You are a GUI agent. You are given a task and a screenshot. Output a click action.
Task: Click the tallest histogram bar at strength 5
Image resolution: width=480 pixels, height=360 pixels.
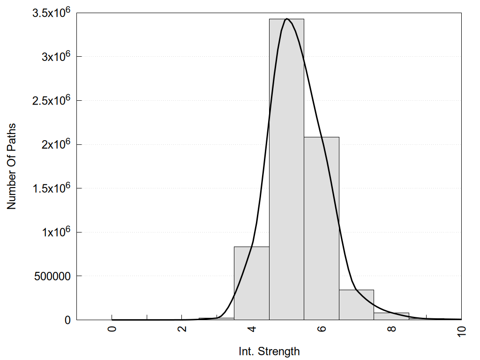tap(286, 169)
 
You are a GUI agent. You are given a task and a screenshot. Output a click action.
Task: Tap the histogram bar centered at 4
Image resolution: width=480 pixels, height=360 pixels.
tap(251, 283)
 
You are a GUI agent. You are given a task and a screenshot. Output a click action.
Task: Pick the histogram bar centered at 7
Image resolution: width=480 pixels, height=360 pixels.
tap(356, 305)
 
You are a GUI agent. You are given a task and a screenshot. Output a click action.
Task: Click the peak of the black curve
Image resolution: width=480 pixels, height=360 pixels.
tap(286, 19)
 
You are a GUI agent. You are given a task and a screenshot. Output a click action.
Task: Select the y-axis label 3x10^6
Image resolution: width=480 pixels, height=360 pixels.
tap(55, 56)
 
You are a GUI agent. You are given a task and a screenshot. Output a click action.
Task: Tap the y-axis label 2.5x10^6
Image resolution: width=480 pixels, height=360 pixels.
tap(51, 100)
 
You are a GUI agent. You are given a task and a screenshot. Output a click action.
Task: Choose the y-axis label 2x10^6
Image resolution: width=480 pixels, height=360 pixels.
tap(55, 144)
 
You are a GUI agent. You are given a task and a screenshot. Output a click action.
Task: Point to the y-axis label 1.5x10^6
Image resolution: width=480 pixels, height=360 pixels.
tap(51, 188)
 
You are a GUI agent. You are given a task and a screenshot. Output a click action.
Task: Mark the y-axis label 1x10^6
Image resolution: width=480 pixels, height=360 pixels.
tap(55, 232)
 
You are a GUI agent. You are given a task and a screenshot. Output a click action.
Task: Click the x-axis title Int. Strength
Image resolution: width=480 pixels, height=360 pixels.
tap(269, 351)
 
